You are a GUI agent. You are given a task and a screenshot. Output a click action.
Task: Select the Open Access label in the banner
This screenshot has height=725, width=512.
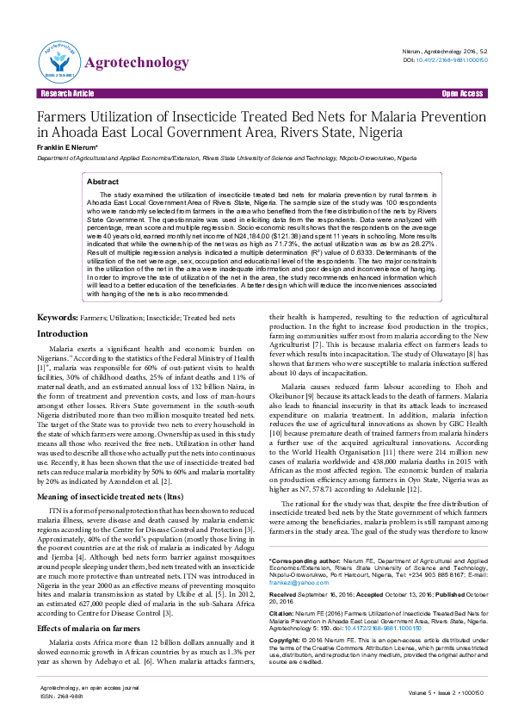click(x=462, y=93)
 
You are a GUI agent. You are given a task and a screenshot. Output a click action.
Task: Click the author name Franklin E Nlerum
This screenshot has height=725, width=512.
click(x=66, y=148)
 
